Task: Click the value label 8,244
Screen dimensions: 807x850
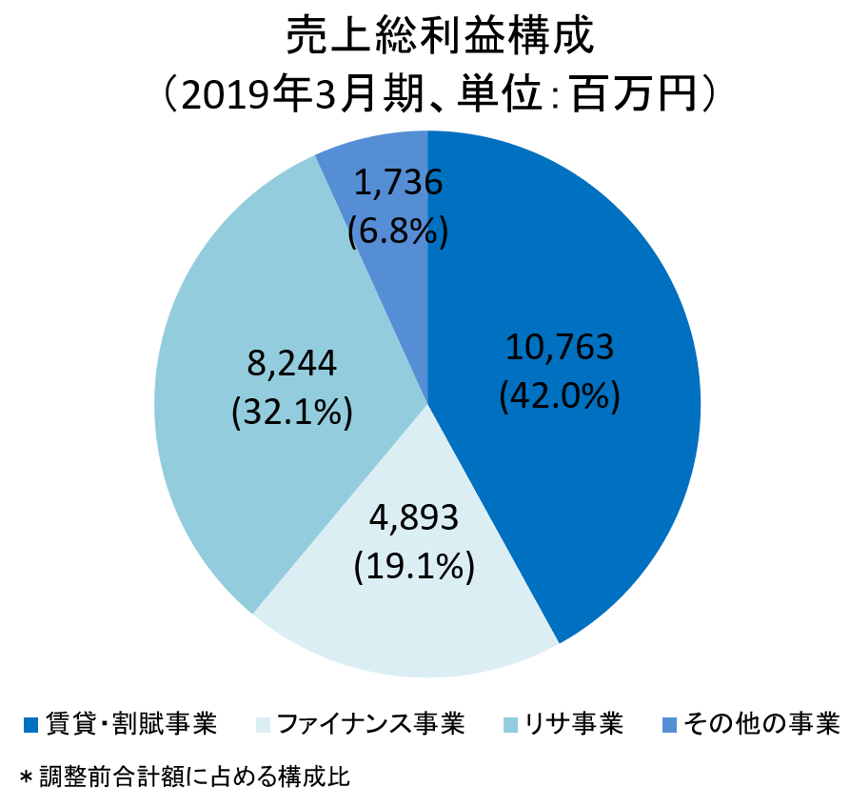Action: pyautogui.click(x=291, y=363)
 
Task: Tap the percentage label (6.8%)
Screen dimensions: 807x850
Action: pyautogui.click(x=398, y=230)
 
